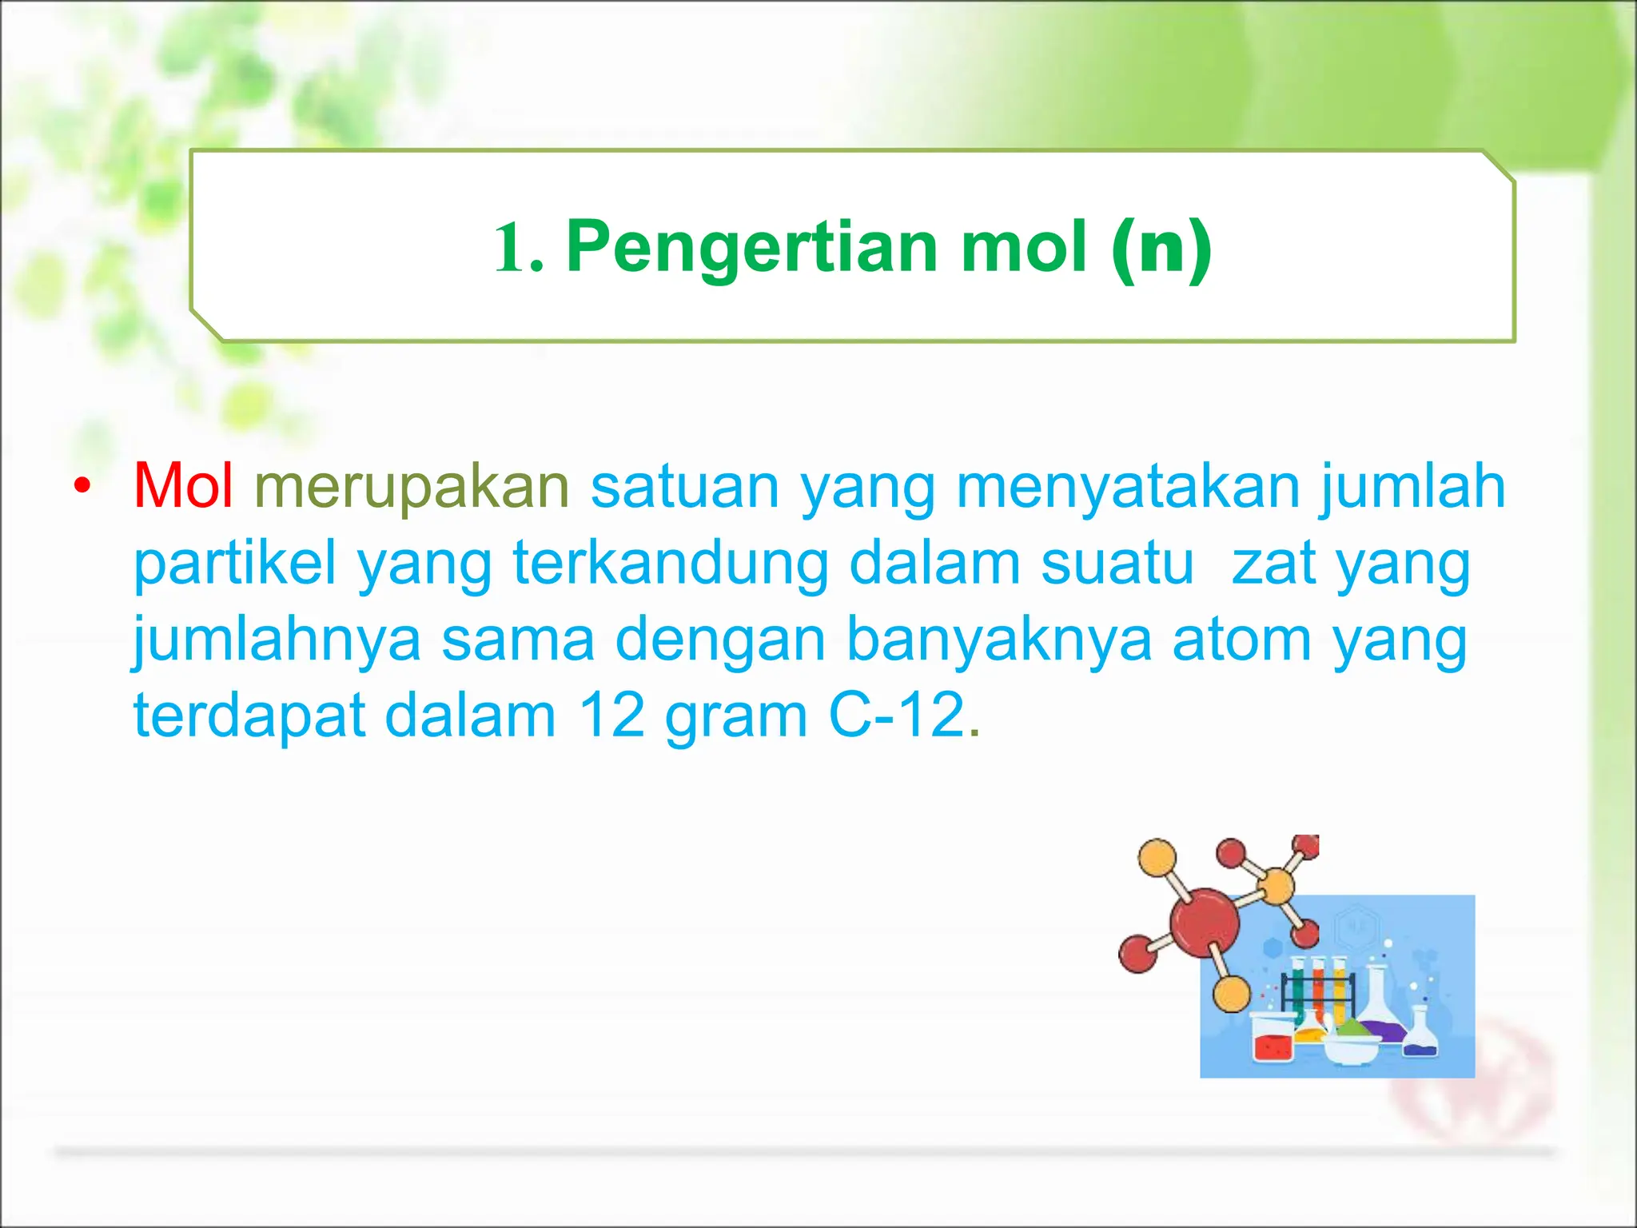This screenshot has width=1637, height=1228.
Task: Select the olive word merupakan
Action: (412, 487)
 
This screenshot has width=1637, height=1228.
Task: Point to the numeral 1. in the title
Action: (518, 248)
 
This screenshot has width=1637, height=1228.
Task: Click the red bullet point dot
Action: (82, 486)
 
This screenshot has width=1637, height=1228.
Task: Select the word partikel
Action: (234, 563)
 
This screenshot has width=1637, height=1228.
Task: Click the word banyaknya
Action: (998, 640)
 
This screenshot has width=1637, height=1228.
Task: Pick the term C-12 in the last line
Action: (897, 715)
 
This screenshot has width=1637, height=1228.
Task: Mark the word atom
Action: (1241, 640)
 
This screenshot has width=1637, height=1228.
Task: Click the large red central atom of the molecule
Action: (1204, 923)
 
